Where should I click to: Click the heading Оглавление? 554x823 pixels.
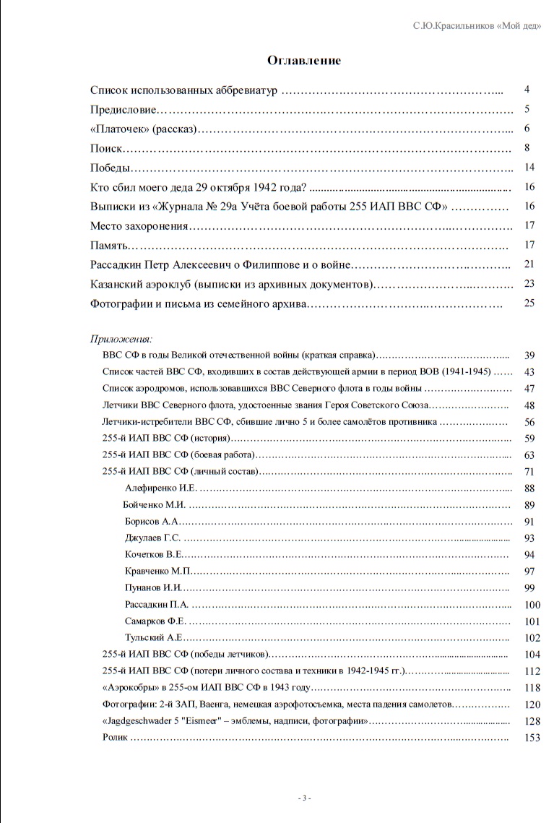(x=304, y=61)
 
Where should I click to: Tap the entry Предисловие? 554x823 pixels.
(x=124, y=110)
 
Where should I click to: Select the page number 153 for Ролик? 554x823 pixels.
(x=531, y=738)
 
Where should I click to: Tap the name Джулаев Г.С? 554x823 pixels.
(x=152, y=538)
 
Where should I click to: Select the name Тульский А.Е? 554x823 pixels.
(x=152, y=638)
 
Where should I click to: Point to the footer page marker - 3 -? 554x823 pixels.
(x=305, y=798)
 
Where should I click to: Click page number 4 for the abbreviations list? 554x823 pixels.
(x=528, y=90)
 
